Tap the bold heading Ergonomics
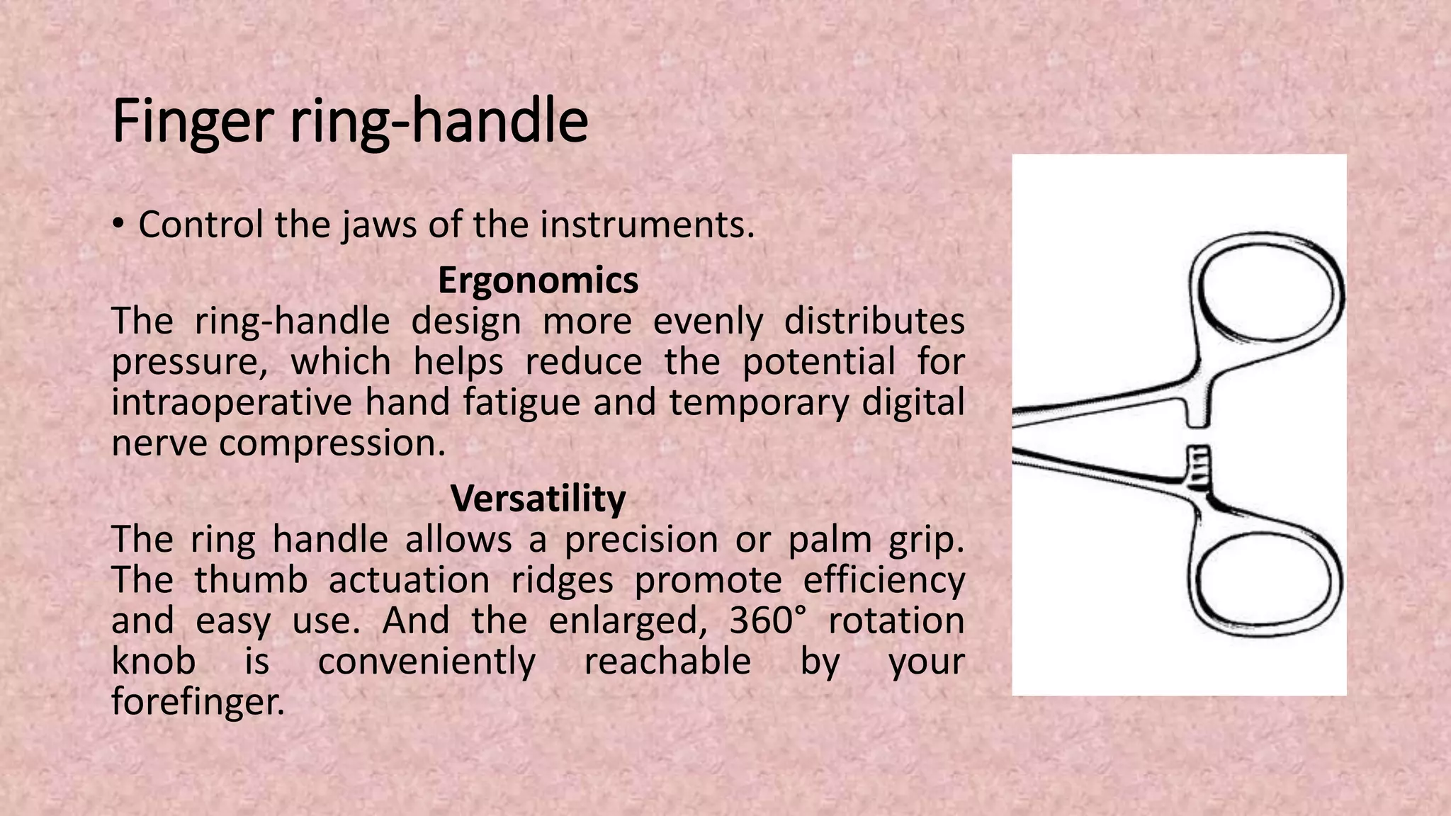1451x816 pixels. tap(538, 280)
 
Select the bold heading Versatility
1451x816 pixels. tap(538, 498)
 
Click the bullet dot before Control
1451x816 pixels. tap(118, 225)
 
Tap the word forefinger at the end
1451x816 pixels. tap(198, 701)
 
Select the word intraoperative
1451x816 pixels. tap(231, 402)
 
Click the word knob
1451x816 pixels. tap(154, 661)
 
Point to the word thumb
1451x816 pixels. tap(251, 580)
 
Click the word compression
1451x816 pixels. tap(332, 443)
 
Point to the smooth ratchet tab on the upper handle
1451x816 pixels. tap(1197, 411)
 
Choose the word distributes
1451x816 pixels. tap(874, 321)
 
